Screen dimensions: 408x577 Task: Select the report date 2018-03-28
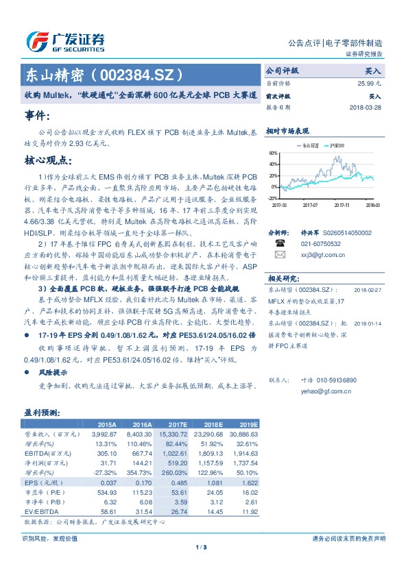click(x=365, y=108)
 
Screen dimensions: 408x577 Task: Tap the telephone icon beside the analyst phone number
click(x=280, y=243)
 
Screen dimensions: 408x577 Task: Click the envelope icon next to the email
click(x=280, y=255)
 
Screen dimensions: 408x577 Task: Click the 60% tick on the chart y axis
click(x=273, y=154)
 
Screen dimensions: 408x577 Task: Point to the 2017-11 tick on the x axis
click(x=342, y=204)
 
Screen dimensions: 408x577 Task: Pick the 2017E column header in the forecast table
click(x=176, y=425)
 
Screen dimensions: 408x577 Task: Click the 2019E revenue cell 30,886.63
click(x=243, y=434)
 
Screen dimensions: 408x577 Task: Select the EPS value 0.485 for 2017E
click(x=178, y=482)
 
